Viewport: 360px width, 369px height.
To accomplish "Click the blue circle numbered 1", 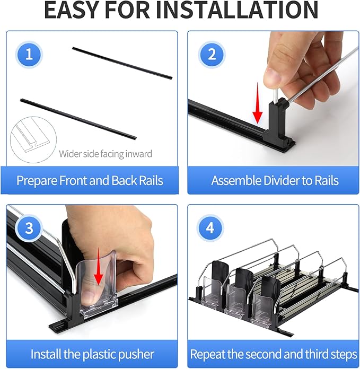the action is point(29,55).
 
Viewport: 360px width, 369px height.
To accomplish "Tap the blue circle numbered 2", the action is point(212,55).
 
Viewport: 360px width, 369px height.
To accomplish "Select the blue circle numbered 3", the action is point(29,228).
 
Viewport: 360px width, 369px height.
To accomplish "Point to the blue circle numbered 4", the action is point(210,228).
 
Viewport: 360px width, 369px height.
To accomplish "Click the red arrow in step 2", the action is point(258,103).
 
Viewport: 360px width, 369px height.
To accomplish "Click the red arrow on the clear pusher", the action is point(99,267).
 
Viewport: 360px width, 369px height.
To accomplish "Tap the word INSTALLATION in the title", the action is point(237,10).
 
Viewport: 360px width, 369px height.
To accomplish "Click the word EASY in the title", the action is point(71,10).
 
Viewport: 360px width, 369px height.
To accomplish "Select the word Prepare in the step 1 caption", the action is point(37,181).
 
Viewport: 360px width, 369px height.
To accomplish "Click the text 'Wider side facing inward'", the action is point(106,154).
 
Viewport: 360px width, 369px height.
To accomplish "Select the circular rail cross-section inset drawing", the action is point(33,139).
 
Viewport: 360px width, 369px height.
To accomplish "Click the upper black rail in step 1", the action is point(122,63).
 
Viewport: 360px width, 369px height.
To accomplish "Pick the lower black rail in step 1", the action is point(78,119).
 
